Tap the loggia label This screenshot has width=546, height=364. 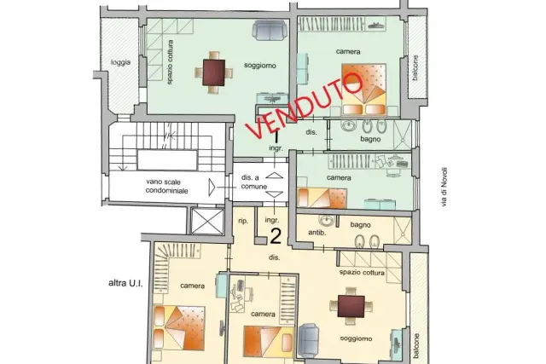(x=121, y=62)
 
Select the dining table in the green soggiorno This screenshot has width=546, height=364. (x=214, y=72)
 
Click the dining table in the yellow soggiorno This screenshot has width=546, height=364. (x=351, y=306)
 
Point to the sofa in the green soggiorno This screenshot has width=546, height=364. (x=270, y=30)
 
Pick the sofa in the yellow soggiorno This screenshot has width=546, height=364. (x=309, y=340)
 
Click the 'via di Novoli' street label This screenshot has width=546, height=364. (x=444, y=188)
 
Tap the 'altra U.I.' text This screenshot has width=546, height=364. (x=125, y=283)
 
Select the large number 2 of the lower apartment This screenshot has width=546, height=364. (x=276, y=237)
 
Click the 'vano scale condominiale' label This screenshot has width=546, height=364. (x=167, y=186)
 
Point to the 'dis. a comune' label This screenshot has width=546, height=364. (x=254, y=182)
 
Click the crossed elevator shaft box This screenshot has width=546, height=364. (x=207, y=222)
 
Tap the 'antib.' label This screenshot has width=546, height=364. (x=317, y=233)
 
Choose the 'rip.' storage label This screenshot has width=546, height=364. (x=243, y=221)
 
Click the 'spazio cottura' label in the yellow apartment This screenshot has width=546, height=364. (x=362, y=273)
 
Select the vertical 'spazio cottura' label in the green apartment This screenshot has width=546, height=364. (x=170, y=62)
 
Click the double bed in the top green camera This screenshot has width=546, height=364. (x=364, y=90)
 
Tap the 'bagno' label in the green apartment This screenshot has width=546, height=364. (x=370, y=139)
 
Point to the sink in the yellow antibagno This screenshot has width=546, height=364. (x=326, y=220)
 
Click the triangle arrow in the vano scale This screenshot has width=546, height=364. (x=212, y=188)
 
